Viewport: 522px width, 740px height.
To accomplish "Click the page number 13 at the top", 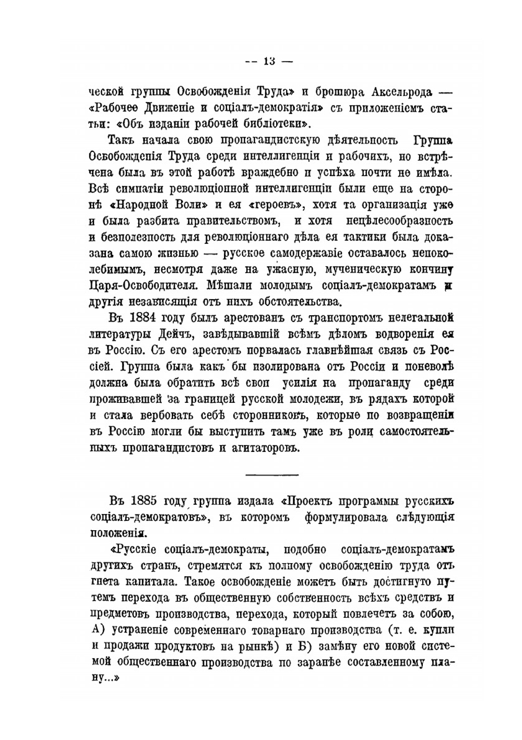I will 269,61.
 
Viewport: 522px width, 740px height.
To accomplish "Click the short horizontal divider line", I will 271,474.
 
